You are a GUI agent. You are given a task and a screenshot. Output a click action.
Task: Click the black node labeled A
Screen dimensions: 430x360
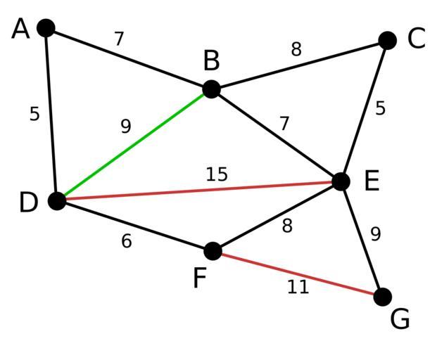click(x=46, y=28)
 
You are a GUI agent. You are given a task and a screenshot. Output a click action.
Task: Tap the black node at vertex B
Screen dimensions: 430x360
click(x=211, y=89)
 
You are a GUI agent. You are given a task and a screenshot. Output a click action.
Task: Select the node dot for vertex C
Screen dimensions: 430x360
click(x=387, y=41)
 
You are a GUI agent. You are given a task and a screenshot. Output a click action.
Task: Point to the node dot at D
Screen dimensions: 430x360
click(x=57, y=201)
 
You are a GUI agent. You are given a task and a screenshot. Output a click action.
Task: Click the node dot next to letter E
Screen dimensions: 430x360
click(x=341, y=181)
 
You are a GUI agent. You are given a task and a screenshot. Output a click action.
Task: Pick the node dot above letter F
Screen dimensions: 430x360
click(x=213, y=251)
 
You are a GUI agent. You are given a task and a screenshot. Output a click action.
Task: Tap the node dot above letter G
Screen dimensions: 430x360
click(x=383, y=297)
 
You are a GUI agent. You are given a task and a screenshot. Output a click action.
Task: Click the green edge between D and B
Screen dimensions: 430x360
click(x=134, y=145)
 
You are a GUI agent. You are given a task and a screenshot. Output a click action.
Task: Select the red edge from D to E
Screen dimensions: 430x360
click(x=199, y=191)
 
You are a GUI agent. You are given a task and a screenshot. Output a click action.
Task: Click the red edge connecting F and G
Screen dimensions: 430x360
click(x=298, y=274)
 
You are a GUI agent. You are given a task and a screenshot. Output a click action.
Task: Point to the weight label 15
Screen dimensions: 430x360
click(x=217, y=174)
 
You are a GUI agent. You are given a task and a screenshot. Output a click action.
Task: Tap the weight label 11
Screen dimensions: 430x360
click(x=298, y=287)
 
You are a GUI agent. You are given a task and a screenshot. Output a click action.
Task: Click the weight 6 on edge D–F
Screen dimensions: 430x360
click(x=127, y=241)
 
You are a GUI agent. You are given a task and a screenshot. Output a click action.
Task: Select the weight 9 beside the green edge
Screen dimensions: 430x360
click(x=126, y=127)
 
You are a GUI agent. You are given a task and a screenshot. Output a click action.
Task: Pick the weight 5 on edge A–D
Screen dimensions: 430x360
click(x=34, y=114)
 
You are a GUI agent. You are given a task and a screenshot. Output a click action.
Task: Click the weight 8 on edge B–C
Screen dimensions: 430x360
click(x=296, y=49)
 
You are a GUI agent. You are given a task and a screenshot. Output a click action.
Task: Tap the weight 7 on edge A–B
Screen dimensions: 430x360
click(x=119, y=39)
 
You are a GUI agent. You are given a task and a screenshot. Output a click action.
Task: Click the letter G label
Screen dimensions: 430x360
click(x=400, y=319)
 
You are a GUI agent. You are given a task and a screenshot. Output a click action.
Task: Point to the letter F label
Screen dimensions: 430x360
click(x=200, y=278)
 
